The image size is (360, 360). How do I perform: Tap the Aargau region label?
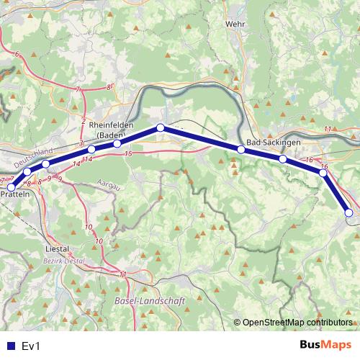coord(107,185)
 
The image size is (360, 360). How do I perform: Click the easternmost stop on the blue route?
coord(349,212)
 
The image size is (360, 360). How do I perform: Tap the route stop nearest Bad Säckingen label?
coord(241,150)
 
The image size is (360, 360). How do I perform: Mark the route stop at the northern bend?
coord(161,128)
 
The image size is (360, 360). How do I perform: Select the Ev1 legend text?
coord(30,346)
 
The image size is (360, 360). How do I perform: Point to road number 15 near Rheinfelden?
coord(128,154)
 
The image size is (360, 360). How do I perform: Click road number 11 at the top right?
coord(328,128)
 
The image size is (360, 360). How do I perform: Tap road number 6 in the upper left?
coord(17,55)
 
